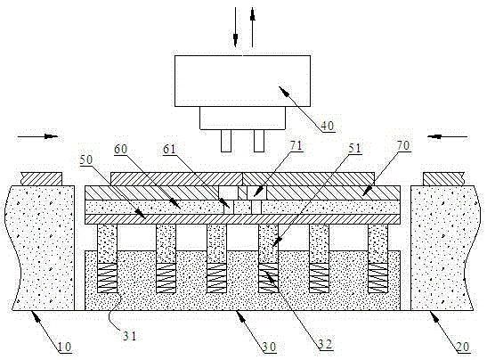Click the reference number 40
(327, 126)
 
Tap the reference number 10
(65, 347)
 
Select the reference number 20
(463, 347)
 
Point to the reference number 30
(269, 347)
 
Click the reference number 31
(129, 336)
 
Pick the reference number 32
(325, 344)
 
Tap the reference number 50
(86, 160)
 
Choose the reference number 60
(120, 149)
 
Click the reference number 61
(169, 149)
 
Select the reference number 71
(296, 145)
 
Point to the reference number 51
(355, 148)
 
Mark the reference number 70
(403, 145)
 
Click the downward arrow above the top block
(235, 28)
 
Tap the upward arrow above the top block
(253, 28)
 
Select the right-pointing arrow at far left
(38, 136)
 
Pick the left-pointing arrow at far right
(447, 136)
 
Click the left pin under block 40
(226, 141)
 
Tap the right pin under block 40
(259, 141)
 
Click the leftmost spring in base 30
(108, 278)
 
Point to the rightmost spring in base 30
(378, 278)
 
